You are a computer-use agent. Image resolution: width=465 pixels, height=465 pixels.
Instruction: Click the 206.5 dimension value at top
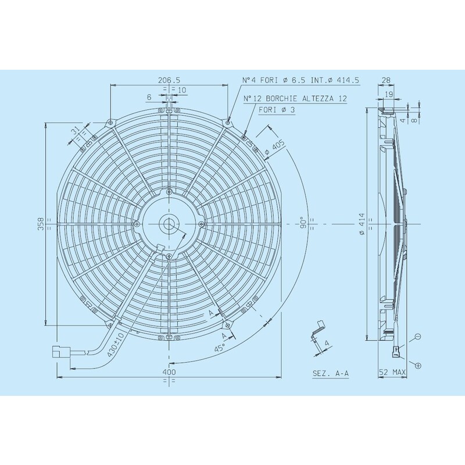[169, 80]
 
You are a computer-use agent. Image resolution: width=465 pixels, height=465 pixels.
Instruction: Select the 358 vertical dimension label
[41, 224]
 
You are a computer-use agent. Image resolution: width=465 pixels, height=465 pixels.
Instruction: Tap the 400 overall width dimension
[169, 371]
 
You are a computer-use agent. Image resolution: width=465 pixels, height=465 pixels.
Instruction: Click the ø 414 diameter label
[362, 224]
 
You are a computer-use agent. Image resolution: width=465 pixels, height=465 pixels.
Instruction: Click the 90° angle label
[302, 224]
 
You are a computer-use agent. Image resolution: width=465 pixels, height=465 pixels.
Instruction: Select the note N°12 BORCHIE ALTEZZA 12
[295, 99]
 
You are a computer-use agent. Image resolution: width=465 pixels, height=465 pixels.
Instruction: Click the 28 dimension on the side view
[387, 80]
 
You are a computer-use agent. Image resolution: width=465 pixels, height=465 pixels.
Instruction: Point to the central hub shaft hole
[169, 223]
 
